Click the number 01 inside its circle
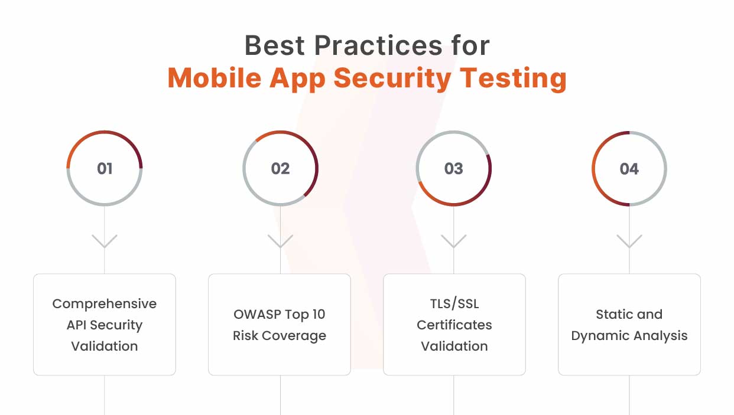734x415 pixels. point(105,169)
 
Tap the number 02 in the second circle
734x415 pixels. point(280,169)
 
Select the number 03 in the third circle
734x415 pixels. point(453,169)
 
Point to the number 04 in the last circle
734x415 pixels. point(629,169)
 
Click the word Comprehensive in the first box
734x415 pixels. point(105,304)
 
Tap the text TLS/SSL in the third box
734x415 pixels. point(454,304)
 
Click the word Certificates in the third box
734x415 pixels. point(454,325)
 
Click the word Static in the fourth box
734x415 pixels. point(612,315)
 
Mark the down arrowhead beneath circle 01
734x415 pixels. point(105,242)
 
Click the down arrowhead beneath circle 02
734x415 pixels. point(280,242)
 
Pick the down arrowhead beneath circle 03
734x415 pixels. point(453,242)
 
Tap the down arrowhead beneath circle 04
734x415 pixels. point(629,242)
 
